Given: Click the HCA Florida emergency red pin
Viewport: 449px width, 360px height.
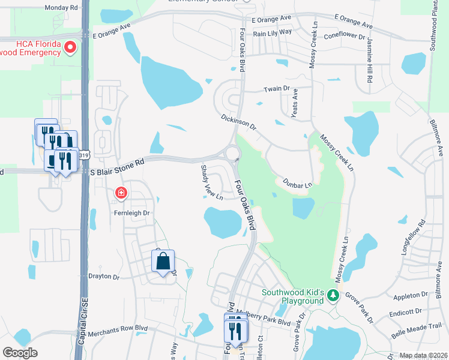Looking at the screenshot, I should tap(71, 47).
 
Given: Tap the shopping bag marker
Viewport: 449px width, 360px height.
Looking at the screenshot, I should tap(163, 261).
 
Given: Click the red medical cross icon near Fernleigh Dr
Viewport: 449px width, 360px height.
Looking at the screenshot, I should tap(121, 193).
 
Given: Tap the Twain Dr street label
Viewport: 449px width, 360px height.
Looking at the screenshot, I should tap(277, 89).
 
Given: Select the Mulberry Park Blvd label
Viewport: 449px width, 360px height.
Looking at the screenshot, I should tap(268, 322).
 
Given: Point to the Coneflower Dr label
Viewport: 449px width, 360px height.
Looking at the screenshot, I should tap(345, 35).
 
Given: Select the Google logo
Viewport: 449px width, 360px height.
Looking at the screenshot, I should tap(20, 353).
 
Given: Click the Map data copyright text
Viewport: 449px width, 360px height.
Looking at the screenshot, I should tap(423, 355).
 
